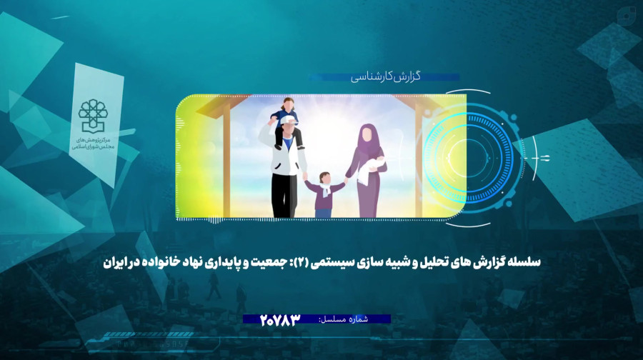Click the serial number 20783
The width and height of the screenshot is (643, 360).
click(x=280, y=320)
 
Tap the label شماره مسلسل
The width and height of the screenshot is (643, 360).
click(x=344, y=319)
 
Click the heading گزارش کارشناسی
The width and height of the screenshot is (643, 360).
click(x=386, y=76)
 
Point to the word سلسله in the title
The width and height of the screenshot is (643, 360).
click(x=525, y=261)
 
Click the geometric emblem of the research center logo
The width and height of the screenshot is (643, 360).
click(x=94, y=116)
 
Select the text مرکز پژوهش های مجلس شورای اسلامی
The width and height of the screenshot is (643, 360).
click(x=94, y=143)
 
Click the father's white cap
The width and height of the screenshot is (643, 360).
click(x=289, y=119)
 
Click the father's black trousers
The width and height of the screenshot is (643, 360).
click(x=284, y=196)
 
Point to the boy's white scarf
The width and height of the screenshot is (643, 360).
click(x=326, y=189)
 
